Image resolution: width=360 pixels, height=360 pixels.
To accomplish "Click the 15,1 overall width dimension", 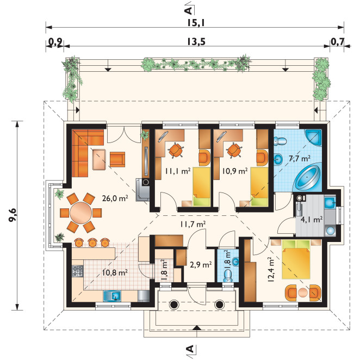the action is point(196,23).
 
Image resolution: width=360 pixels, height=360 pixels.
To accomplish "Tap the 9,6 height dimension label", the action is point(13,215).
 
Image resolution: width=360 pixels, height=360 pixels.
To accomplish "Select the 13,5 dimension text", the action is point(196,41).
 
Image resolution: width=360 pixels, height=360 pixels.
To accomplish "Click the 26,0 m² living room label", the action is point(115,198).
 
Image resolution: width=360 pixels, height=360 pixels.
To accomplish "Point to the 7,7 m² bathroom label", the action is point(300,158).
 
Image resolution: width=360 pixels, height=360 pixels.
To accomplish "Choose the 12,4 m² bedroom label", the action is point(271,269).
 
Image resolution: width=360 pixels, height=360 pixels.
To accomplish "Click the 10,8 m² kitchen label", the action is point(115,272).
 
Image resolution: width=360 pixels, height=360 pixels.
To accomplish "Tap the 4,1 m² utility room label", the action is point(312,220).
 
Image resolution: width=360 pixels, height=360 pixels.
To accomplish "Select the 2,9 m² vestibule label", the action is point(201,264).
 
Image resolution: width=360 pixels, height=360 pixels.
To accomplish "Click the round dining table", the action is point(80,213).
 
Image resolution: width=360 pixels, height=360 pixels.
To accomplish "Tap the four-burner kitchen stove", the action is point(78,271).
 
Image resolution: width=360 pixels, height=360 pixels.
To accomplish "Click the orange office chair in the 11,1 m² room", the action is point(176,150).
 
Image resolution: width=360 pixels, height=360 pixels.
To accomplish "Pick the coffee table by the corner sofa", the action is point(99,159).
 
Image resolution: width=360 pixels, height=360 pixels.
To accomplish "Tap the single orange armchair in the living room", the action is point(117,159).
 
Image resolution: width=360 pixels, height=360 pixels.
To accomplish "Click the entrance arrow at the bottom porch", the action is point(196,327).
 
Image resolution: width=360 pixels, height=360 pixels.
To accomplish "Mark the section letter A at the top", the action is point(188,10).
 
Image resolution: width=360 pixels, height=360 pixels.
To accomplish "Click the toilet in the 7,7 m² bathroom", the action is point(280,141).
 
